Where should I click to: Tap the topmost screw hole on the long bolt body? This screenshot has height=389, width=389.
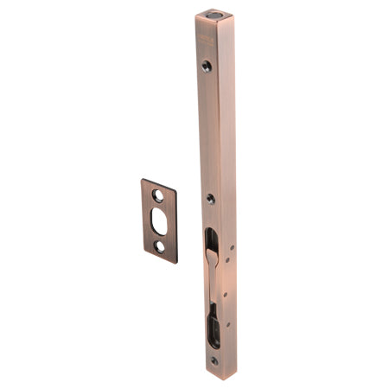coord(207,65)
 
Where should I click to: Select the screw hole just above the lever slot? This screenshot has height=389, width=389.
coord(210,199)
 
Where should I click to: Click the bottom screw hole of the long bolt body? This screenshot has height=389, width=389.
coord(214,360)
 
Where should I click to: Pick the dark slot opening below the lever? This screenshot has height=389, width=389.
coord(213,327)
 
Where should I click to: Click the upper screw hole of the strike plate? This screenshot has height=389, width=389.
coord(158,196)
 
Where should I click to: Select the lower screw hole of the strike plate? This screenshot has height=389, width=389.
coord(159,246)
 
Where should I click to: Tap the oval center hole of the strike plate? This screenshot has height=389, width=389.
coord(158,220)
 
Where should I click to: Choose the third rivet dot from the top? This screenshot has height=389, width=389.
coord(226,294)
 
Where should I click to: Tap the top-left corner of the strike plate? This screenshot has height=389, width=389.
coord(143,181)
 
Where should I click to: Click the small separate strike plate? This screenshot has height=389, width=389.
coord(159,221)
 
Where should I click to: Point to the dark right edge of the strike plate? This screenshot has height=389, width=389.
coord(176,225)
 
